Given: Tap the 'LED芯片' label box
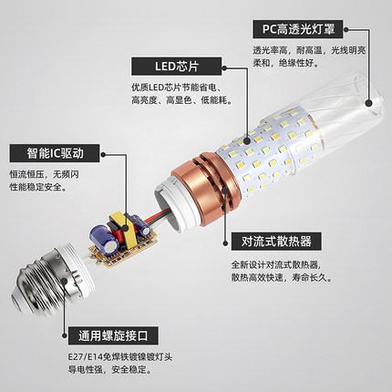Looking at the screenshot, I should pyautogui.click(x=165, y=67).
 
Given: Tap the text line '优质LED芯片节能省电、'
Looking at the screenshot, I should pyautogui.click(x=173, y=88).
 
